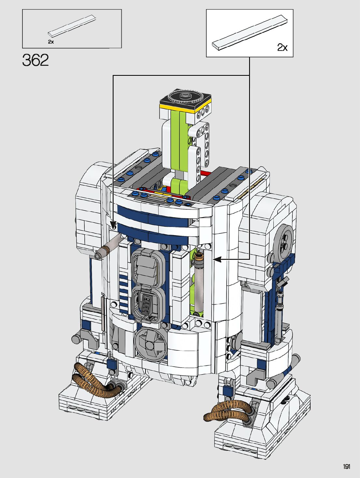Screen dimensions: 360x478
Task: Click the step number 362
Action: tap(35, 60)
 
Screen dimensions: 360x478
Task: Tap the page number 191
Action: tap(347, 466)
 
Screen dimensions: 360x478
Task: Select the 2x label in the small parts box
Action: tap(51, 42)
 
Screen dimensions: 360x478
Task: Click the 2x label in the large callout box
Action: tap(282, 47)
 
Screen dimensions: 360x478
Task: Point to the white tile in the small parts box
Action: tap(72, 26)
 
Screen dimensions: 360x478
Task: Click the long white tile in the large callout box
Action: tap(250, 33)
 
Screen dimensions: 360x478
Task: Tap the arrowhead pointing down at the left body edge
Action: tap(113, 225)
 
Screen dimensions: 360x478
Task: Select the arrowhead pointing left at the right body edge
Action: tap(217, 260)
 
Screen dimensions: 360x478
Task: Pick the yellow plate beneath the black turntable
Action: tap(186, 108)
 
